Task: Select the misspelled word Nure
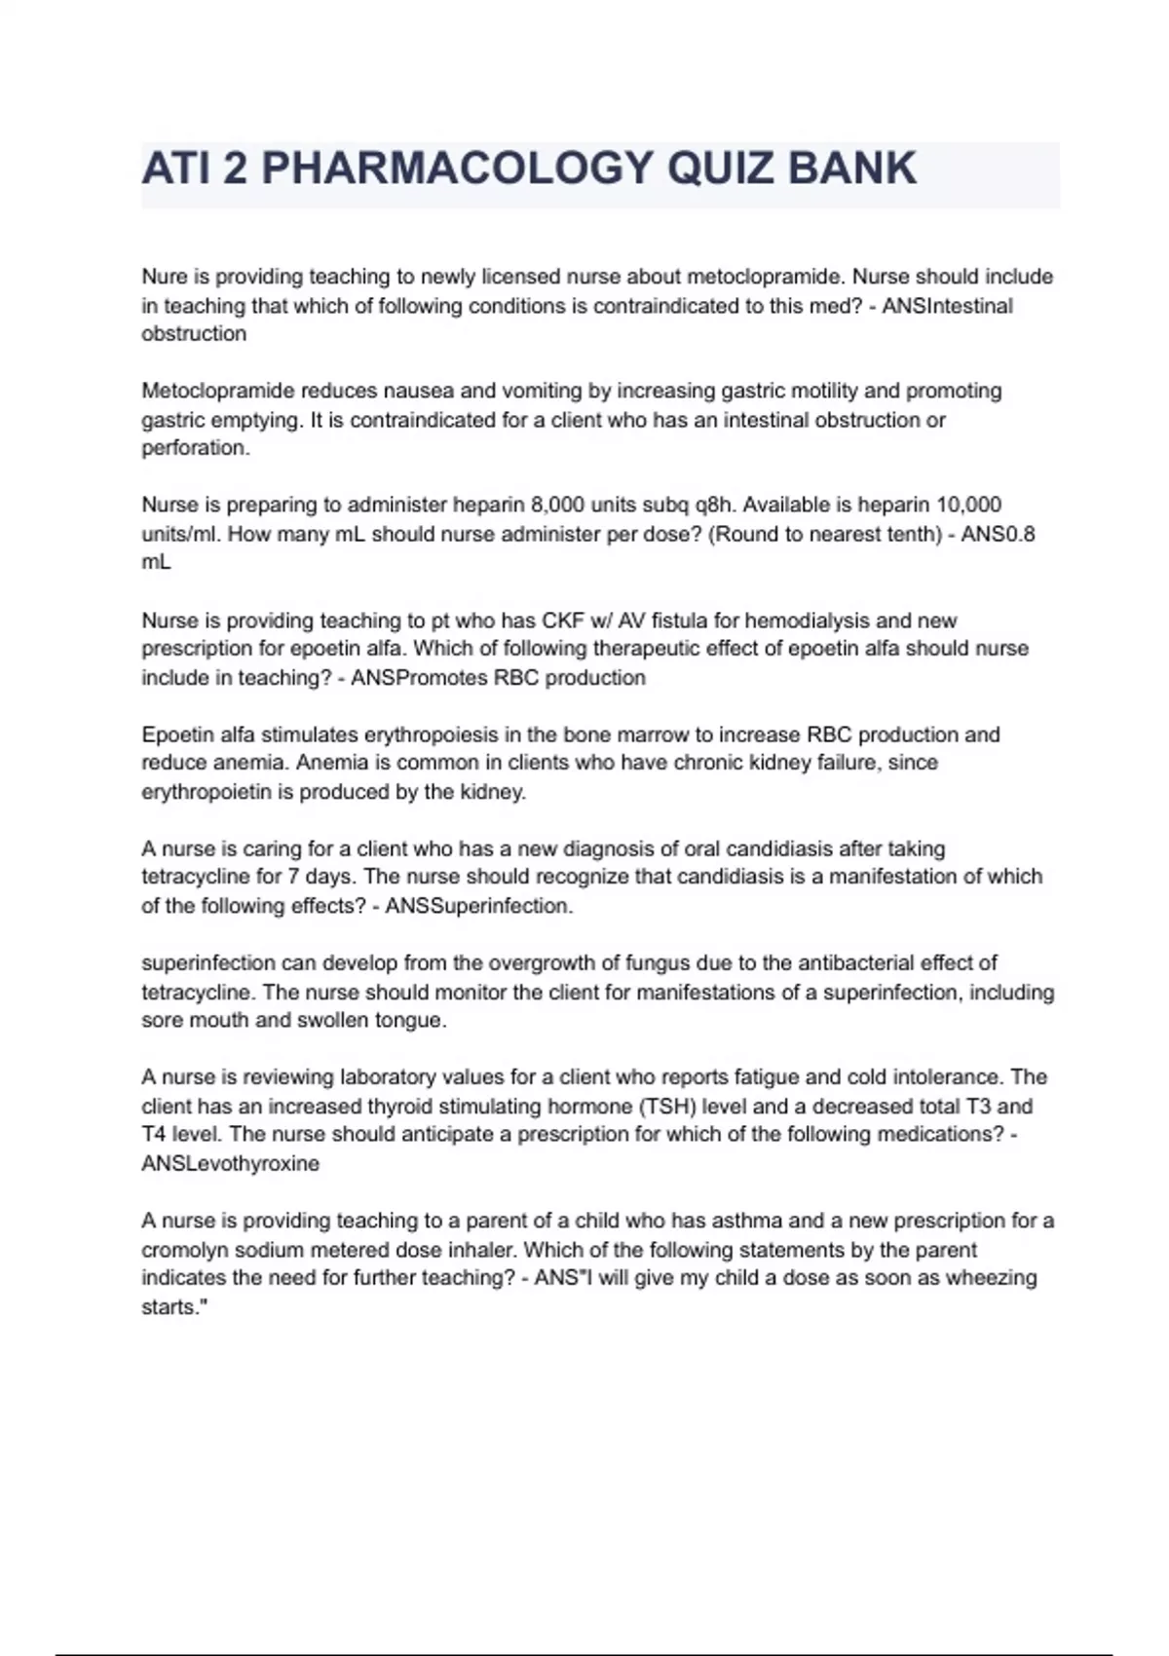pos(163,277)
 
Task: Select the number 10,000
pos(968,505)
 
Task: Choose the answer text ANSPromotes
pos(419,678)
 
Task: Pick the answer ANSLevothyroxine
pos(230,1164)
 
